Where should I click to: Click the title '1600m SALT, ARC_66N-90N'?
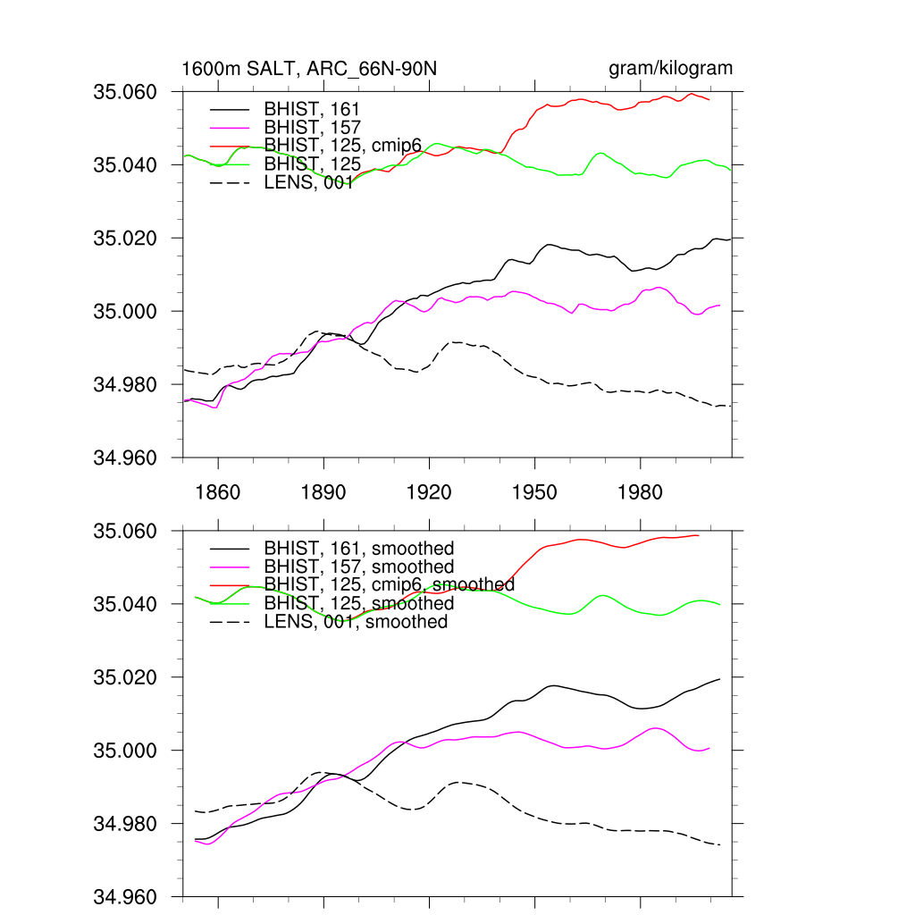pos(309,69)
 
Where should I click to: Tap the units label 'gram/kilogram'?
pos(670,69)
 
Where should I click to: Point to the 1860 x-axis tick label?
pos(218,491)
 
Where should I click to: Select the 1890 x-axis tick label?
pos(323,491)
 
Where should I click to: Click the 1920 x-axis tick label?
pos(429,491)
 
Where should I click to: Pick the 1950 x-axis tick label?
pos(534,491)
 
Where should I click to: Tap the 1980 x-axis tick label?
pos(640,491)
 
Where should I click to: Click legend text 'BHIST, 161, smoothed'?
pos(359,548)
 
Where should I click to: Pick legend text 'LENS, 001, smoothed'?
pos(356,622)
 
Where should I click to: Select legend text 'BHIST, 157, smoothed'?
pos(359,567)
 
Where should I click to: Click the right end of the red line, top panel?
pos(709,99)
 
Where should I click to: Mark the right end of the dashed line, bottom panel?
pos(719,844)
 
